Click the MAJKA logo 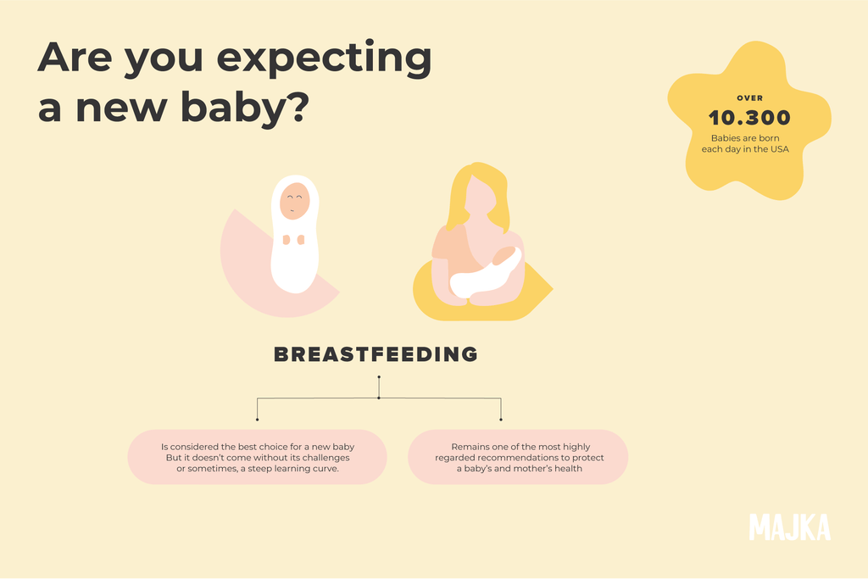[x=789, y=526]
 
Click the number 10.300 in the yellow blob [x=749, y=118]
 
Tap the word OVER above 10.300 [x=749, y=98]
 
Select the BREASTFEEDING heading [x=376, y=354]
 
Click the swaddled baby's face [x=294, y=201]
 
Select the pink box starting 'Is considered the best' [x=257, y=457]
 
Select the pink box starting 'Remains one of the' [x=518, y=457]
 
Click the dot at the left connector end [x=257, y=419]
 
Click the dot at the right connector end [x=501, y=419]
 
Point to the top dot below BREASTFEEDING [x=379, y=376]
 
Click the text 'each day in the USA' [x=749, y=150]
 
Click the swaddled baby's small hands [x=293, y=240]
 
